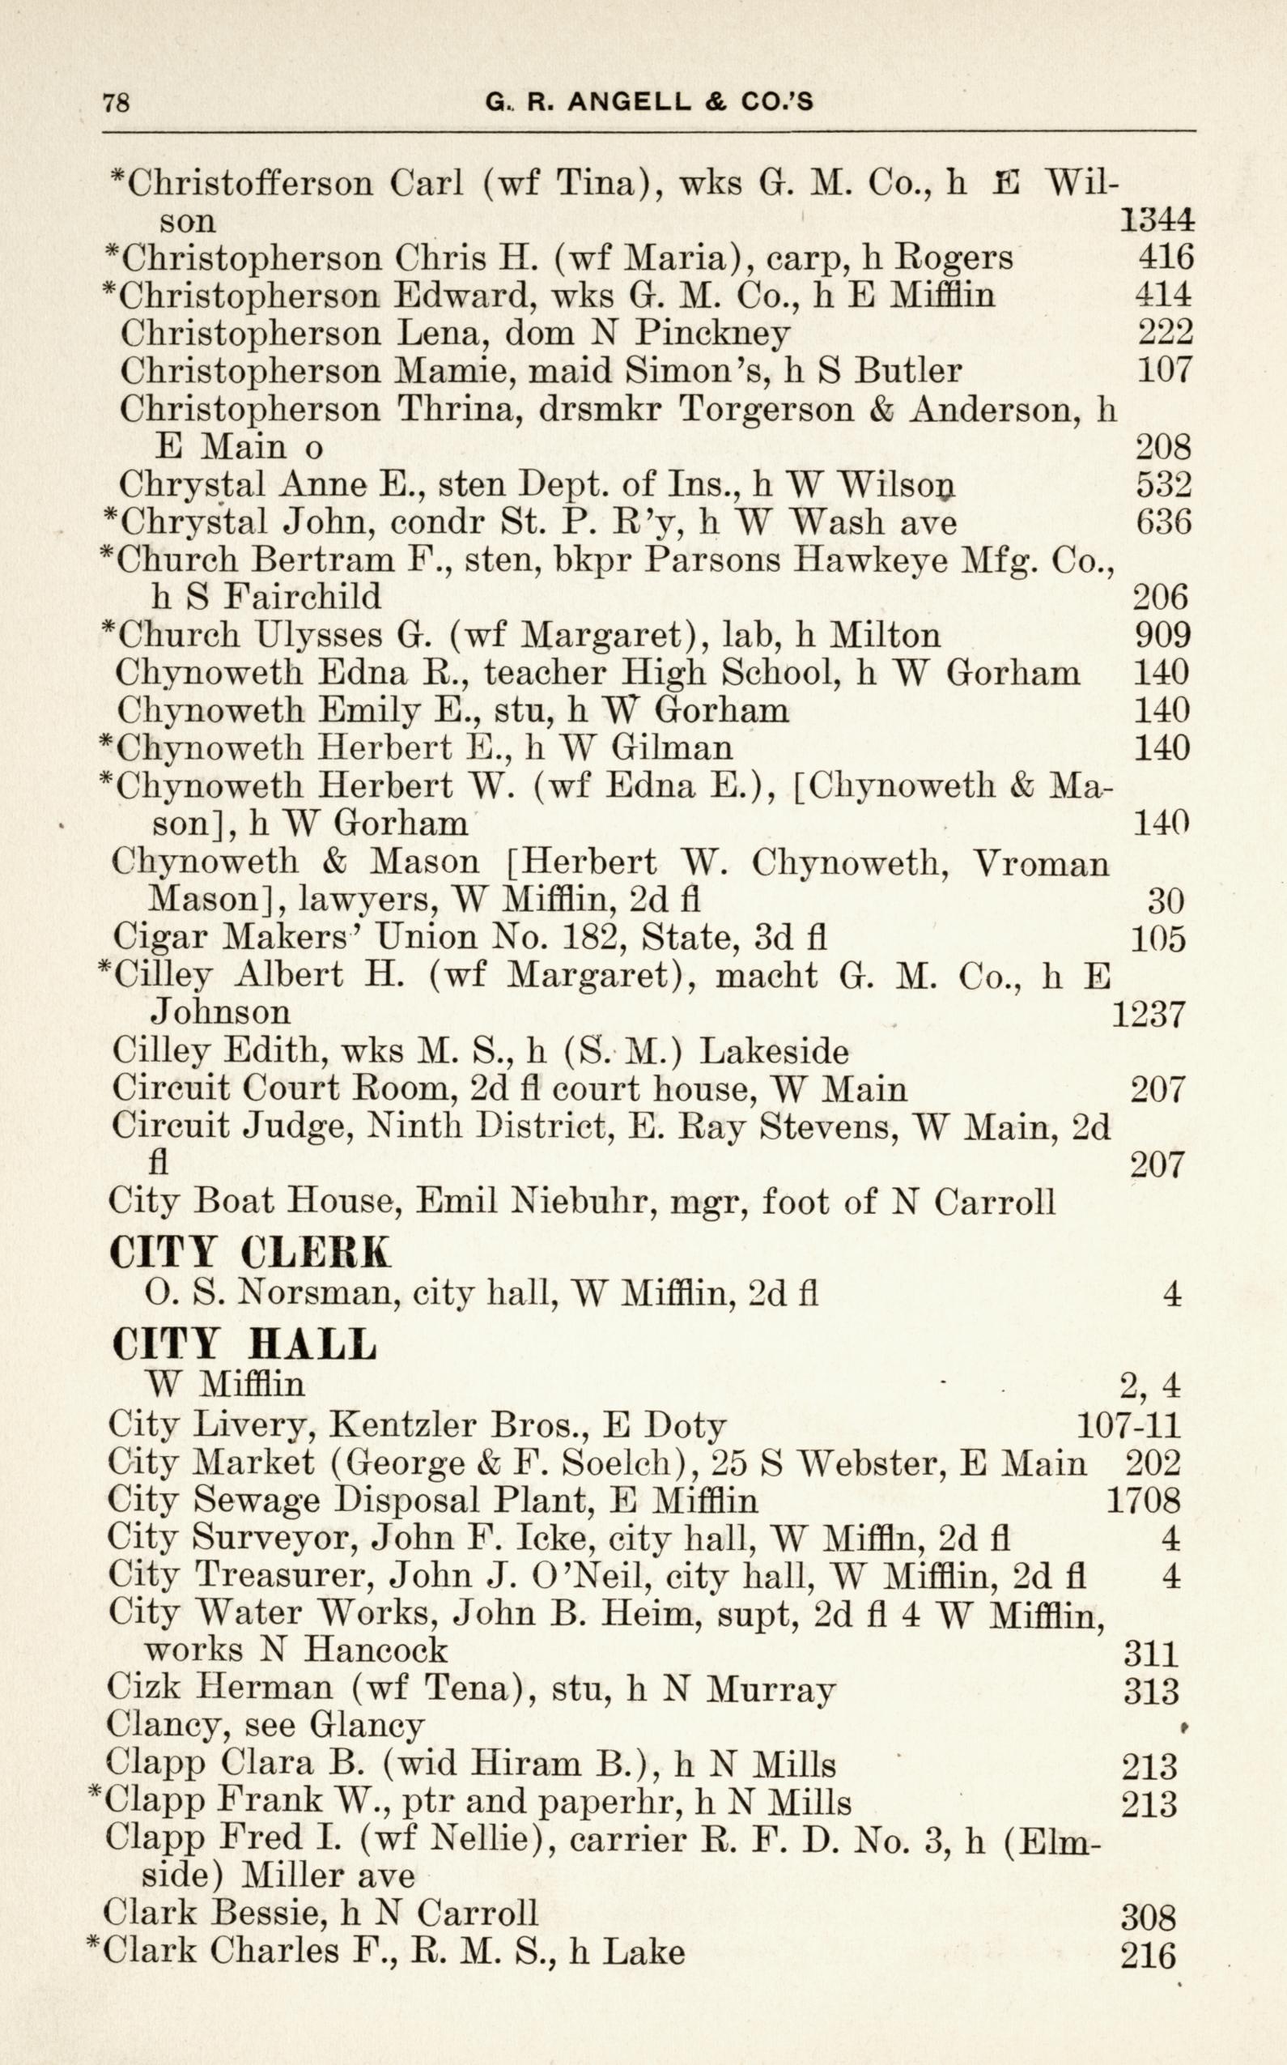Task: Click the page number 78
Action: [x=116, y=103]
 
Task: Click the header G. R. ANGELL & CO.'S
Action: [x=648, y=102]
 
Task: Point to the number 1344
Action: [x=1156, y=221]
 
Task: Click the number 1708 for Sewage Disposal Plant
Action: [x=1143, y=1501]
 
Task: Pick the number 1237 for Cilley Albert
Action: [x=1149, y=1014]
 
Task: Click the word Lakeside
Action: [x=774, y=1053]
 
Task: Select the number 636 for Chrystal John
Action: [x=1162, y=522]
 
